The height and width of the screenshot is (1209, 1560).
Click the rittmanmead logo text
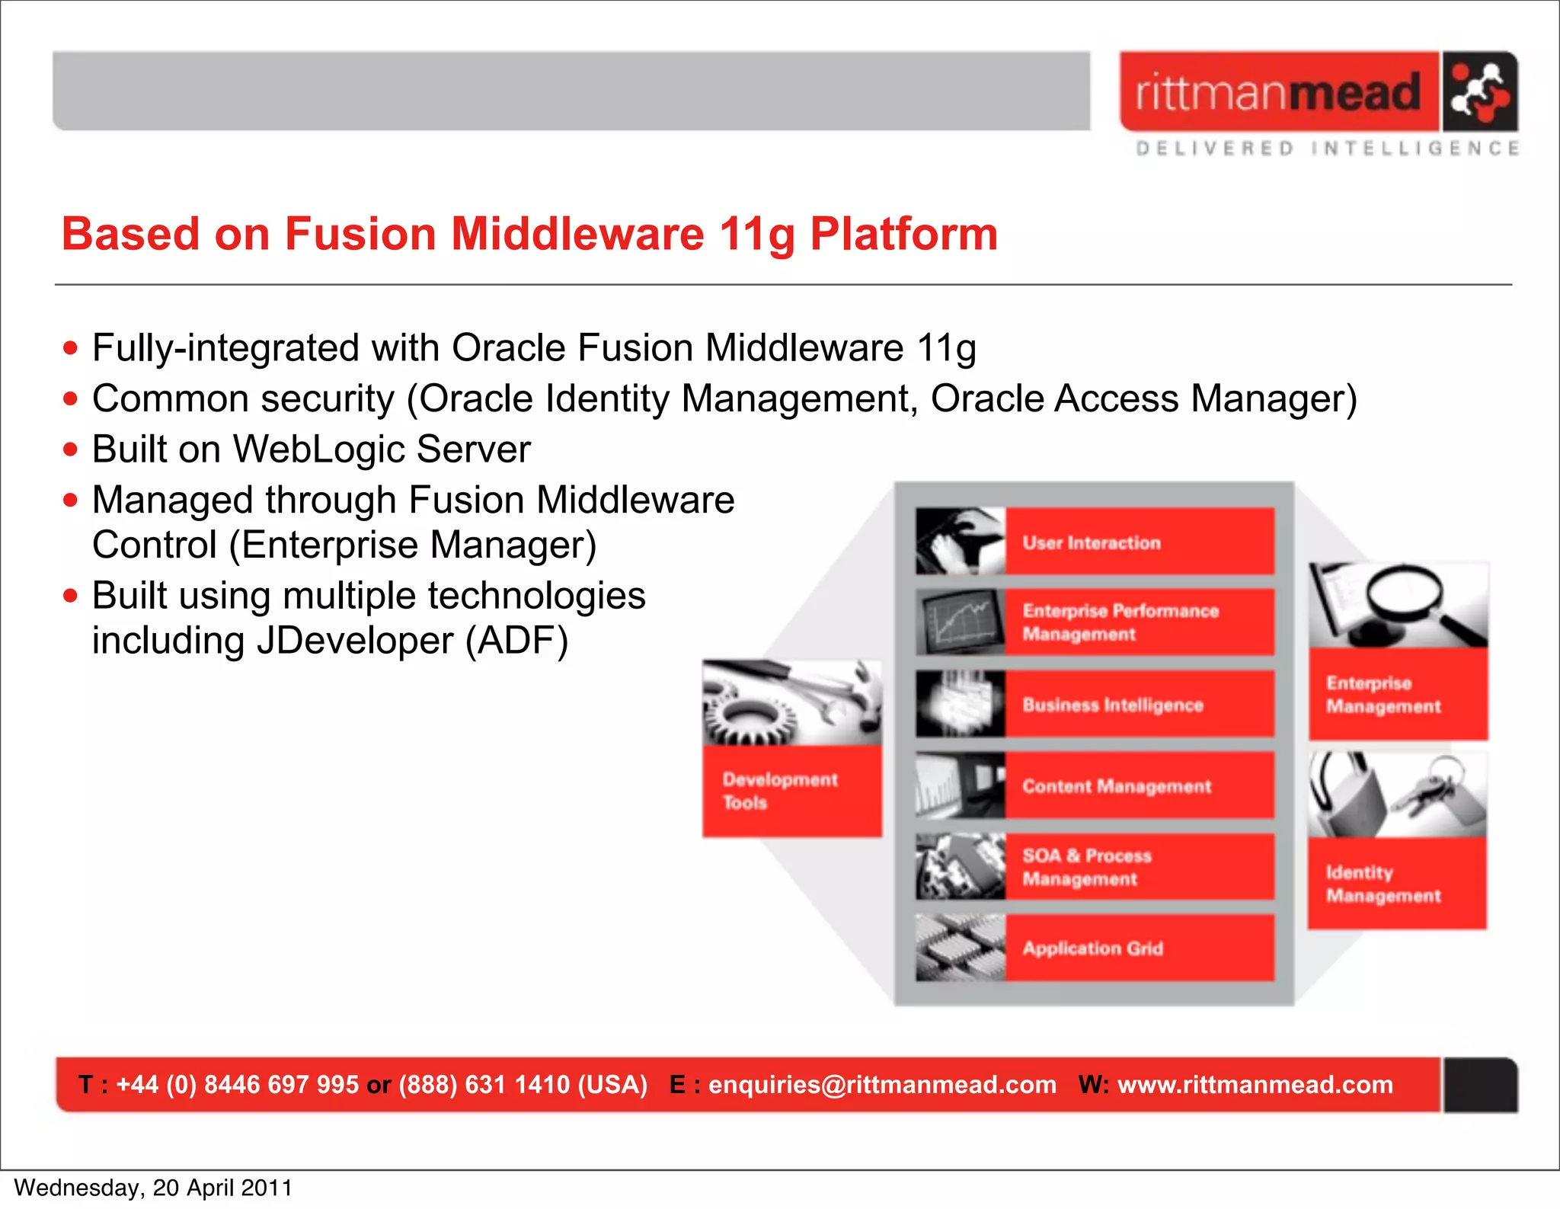(x=1278, y=93)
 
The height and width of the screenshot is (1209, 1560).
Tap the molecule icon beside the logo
(x=1478, y=91)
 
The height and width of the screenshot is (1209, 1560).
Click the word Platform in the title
(x=903, y=234)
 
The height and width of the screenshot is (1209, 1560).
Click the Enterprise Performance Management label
(x=1120, y=622)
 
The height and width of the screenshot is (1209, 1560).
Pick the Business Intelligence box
(x=1112, y=705)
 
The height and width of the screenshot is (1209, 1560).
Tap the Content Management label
(x=1116, y=786)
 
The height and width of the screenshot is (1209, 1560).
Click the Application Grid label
(x=1092, y=948)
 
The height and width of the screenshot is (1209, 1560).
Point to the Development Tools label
(x=779, y=791)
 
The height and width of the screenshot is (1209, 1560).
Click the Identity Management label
(x=1383, y=884)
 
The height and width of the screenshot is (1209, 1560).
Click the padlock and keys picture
(x=1397, y=795)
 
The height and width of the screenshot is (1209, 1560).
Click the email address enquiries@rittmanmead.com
(x=882, y=1084)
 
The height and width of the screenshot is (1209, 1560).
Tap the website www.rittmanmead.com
(x=1255, y=1084)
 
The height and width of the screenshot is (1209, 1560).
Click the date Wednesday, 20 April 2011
(x=153, y=1188)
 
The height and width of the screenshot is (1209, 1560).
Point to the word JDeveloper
(x=354, y=641)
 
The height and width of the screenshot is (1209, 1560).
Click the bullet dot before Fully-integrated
(x=71, y=348)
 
